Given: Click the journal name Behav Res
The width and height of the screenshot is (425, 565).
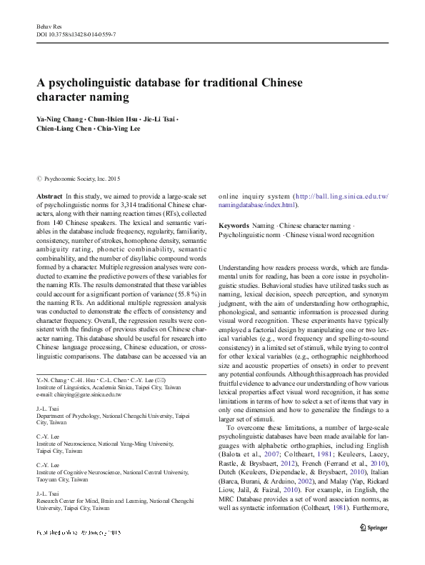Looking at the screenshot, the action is (45, 25).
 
